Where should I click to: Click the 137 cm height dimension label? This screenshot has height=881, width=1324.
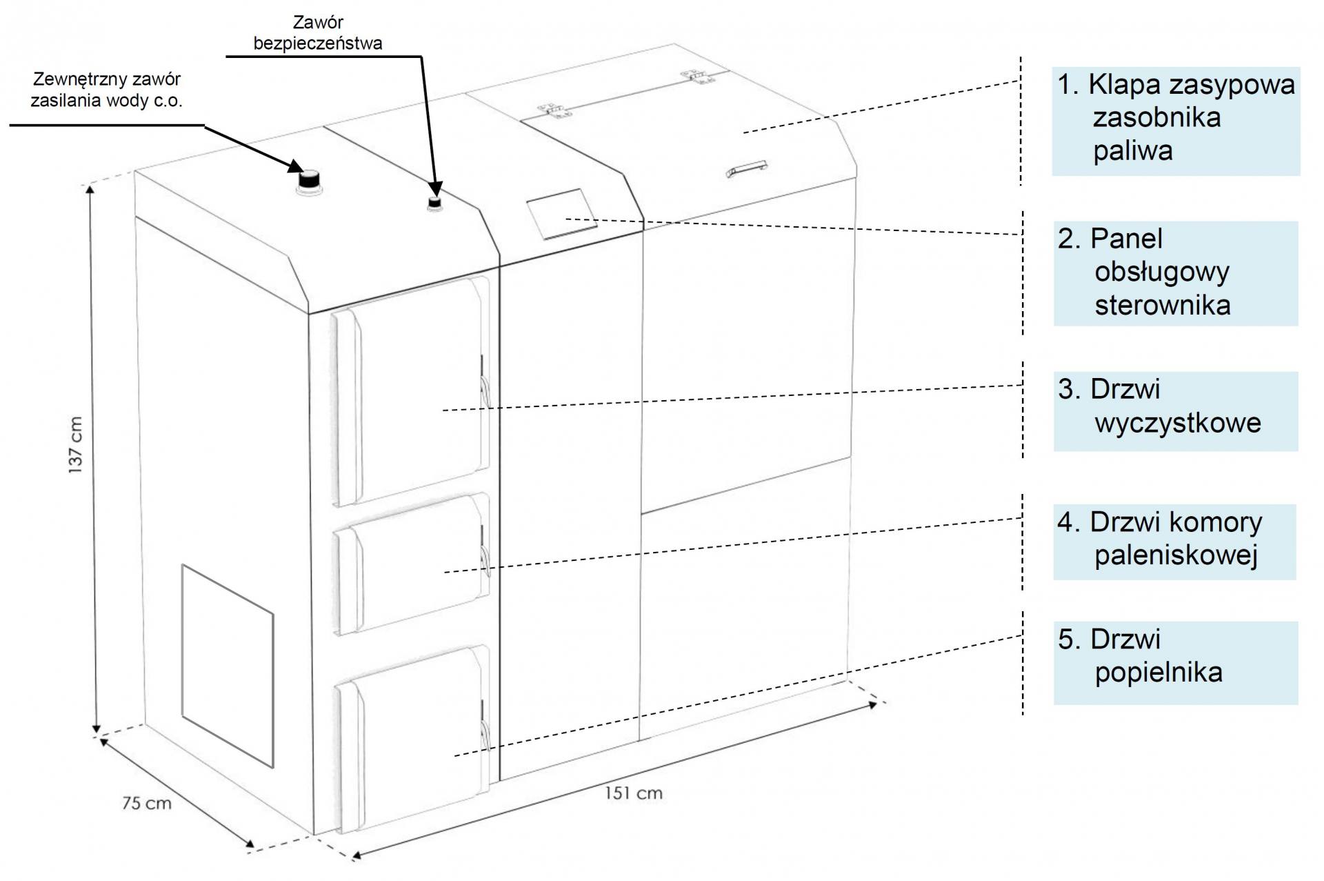(76, 445)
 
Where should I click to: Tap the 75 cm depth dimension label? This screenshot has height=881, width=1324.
(146, 803)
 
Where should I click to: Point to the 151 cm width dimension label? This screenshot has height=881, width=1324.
(634, 793)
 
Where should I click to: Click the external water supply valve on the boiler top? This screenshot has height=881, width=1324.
(308, 180)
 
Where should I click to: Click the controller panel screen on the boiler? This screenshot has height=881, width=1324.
(561, 214)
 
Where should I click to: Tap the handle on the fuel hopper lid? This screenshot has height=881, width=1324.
(748, 168)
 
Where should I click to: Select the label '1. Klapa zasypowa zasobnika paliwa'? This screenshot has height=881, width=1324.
(1176, 118)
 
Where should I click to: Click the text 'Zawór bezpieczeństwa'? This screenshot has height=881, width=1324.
(318, 33)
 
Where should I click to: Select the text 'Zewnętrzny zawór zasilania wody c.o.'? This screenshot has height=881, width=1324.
(107, 90)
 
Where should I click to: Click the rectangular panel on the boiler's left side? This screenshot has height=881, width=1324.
(228, 666)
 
